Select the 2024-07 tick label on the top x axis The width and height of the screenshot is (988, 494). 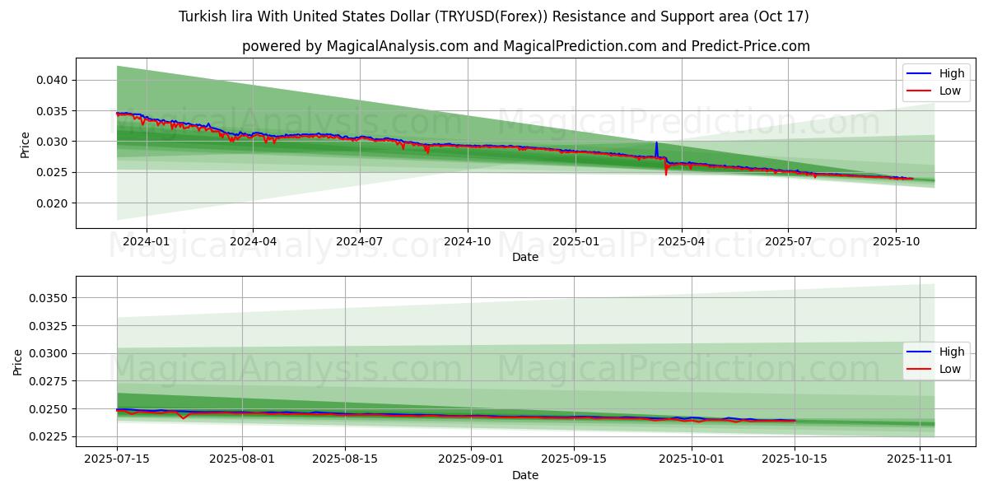coord(360,241)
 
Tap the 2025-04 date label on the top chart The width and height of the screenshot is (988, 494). coord(681,241)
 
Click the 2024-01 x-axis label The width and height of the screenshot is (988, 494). coord(147,241)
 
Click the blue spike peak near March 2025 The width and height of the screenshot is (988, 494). coord(656,143)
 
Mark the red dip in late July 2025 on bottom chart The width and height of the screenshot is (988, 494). coord(183,418)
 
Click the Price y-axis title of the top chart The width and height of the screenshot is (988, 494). coord(26,144)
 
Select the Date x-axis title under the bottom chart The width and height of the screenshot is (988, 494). coord(525,475)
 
